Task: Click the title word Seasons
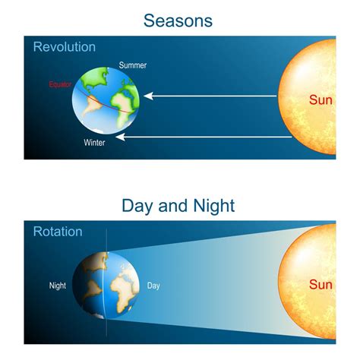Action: pos(178,21)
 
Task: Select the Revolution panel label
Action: pos(65,47)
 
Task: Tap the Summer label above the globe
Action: pos(133,65)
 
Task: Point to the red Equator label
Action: pos(60,84)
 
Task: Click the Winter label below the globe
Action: pos(94,143)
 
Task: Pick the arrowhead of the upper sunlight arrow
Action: pos(148,96)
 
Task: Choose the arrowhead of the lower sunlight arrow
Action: pos(120,137)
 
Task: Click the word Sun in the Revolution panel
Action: pos(321,100)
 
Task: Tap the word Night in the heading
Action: pos(214,206)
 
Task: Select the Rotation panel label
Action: pos(58,232)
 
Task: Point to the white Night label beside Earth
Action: pos(58,286)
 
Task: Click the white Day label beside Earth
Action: pos(153,286)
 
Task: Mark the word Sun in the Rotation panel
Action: pos(321,285)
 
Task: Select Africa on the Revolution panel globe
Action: pos(123,106)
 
